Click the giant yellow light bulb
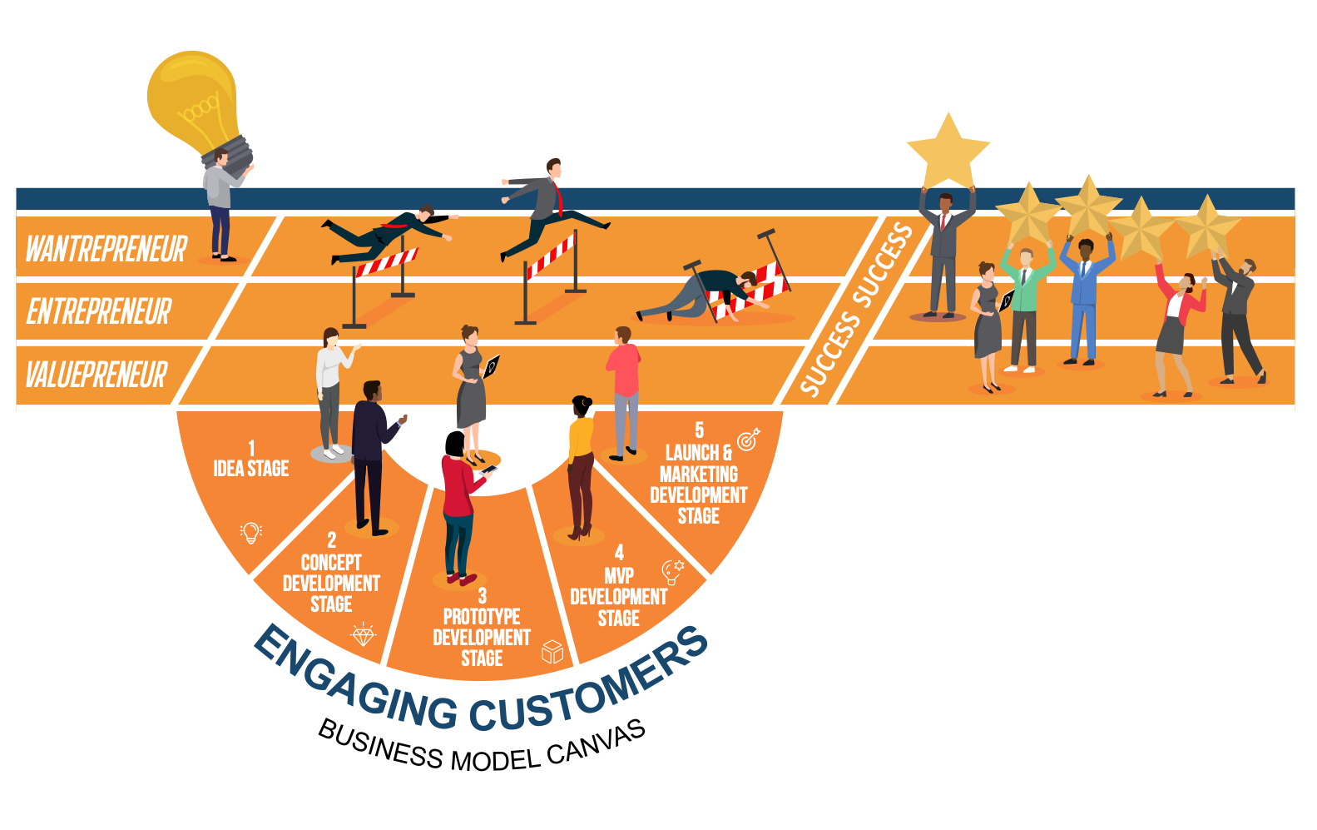[194, 98]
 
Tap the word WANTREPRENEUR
[106, 249]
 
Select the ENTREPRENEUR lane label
[99, 312]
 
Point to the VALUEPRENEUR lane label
[97, 375]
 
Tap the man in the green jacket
[1025, 304]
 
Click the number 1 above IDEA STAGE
[251, 448]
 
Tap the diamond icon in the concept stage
[364, 634]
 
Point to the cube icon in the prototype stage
[552, 651]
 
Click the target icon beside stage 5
[748, 439]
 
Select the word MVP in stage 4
[619, 576]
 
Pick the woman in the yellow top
[580, 466]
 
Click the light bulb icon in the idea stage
[250, 532]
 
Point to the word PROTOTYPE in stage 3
[482, 617]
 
